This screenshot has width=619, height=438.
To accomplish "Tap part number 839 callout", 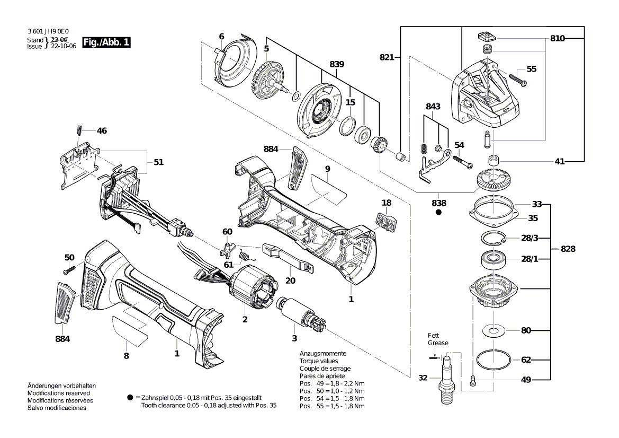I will coord(337,64).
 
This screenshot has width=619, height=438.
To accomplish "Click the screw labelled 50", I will coord(67,270).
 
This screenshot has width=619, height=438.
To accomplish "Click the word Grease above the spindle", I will coord(438,343).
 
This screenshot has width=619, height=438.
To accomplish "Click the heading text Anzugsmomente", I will coord(323,353).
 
